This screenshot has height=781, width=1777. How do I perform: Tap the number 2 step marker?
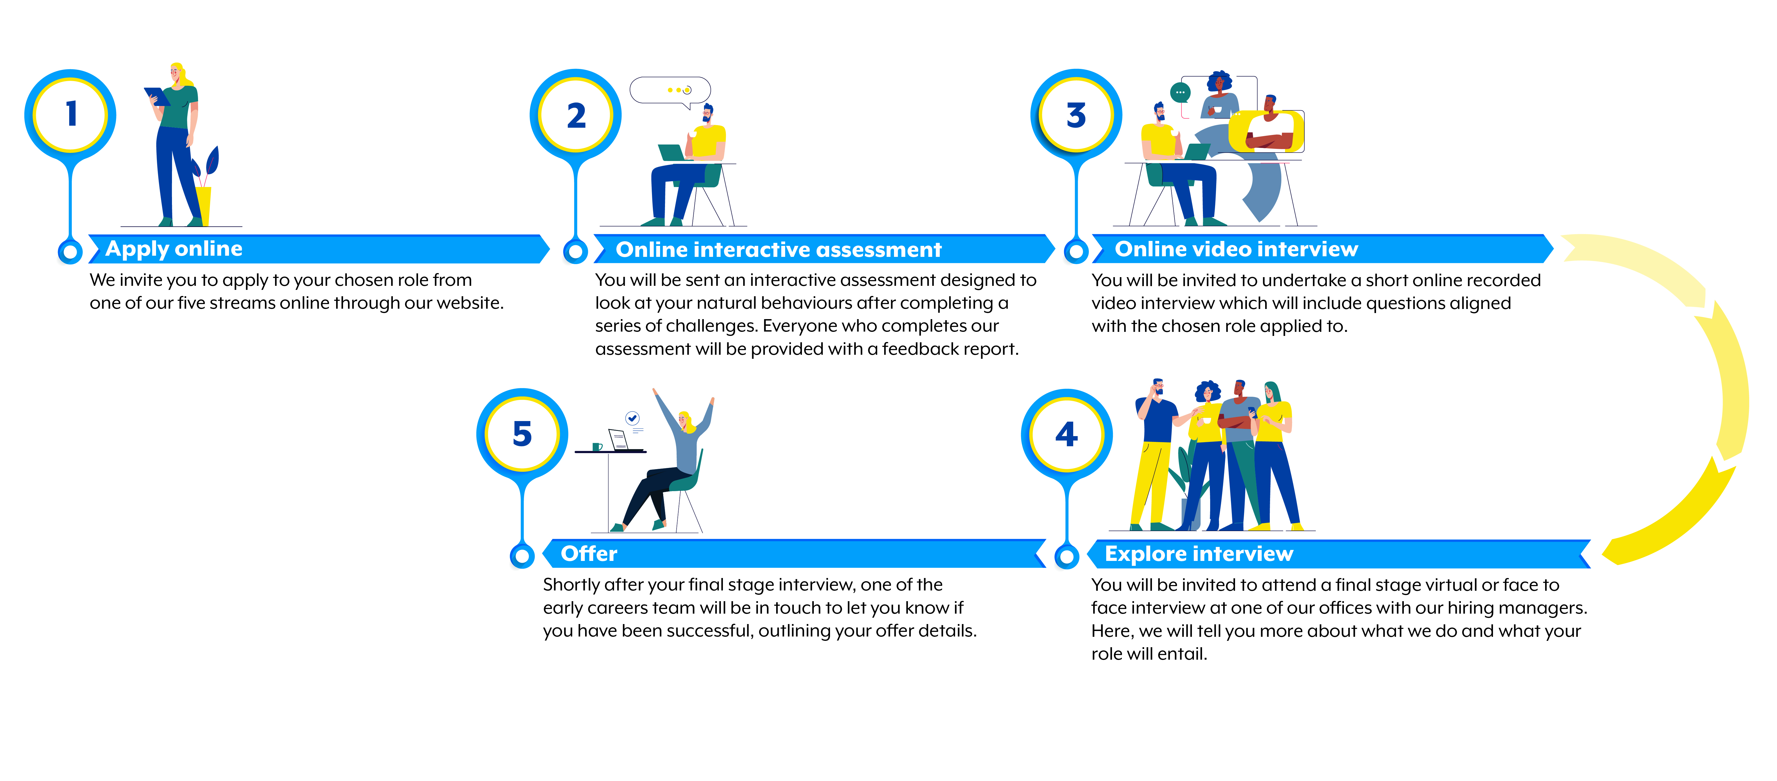(x=576, y=116)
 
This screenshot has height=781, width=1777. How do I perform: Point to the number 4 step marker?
(x=1067, y=435)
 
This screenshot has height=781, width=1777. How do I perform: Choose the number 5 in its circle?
(x=522, y=435)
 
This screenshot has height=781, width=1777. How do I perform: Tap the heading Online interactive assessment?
(x=778, y=250)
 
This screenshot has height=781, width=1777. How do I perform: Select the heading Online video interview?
(x=1236, y=249)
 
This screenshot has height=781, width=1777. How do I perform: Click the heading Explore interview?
(x=1199, y=554)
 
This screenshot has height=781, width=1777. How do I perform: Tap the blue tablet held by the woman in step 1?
(x=157, y=96)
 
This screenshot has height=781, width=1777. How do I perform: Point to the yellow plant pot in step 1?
(x=204, y=205)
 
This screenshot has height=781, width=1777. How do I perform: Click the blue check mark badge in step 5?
(x=632, y=418)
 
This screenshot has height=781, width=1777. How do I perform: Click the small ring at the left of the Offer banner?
(x=522, y=555)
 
